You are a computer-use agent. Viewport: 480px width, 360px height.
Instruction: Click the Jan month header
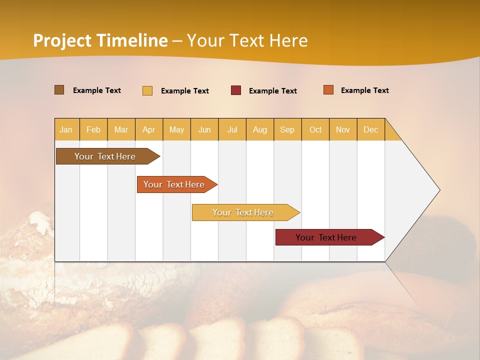[66, 129]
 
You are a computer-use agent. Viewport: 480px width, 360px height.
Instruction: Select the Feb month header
[93, 129]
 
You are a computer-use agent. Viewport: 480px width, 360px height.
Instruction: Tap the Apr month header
[149, 129]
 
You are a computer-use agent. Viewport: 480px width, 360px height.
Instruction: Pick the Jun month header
[204, 129]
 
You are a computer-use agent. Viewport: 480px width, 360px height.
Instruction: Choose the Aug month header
[260, 129]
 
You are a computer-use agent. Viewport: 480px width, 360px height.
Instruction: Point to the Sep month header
[287, 129]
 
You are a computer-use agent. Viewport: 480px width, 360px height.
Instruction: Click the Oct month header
[315, 129]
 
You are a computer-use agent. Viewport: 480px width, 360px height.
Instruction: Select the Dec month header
[371, 129]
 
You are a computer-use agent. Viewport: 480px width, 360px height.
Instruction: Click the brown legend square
[59, 90]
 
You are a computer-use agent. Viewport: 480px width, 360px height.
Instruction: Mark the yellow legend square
[147, 90]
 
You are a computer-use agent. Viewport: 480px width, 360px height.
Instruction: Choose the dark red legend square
[236, 90]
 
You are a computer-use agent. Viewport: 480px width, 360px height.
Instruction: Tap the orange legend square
[328, 90]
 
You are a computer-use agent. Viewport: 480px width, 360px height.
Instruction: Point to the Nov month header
[343, 129]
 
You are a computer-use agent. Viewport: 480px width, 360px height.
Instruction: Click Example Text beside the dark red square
[273, 91]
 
